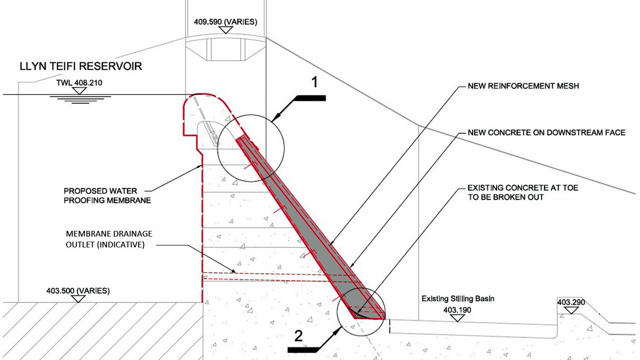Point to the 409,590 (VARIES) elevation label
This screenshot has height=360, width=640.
click(x=226, y=22)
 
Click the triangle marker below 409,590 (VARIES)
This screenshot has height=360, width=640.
click(x=226, y=30)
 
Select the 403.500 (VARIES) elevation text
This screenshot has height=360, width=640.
click(x=79, y=291)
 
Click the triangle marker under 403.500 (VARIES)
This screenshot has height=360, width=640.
click(x=79, y=299)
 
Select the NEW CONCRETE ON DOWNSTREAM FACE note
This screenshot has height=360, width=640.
click(x=545, y=132)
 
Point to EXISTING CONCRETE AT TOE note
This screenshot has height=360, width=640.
click(x=523, y=193)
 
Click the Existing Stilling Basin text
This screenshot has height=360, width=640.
click(x=458, y=299)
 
